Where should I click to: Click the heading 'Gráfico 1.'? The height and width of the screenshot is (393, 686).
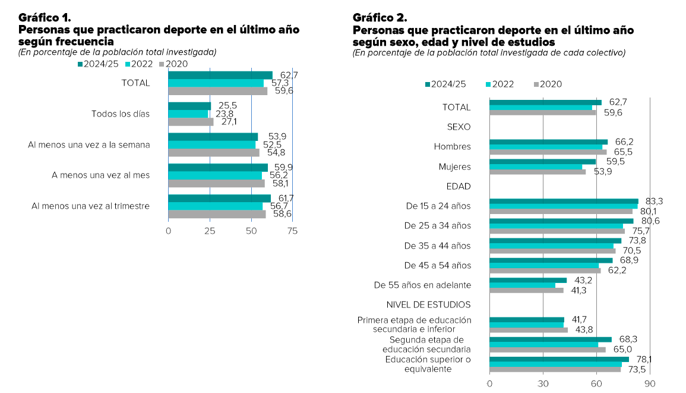[x=45, y=17]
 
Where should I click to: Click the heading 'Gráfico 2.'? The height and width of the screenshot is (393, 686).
[x=379, y=17]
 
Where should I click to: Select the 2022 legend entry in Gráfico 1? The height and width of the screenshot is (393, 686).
[x=141, y=63]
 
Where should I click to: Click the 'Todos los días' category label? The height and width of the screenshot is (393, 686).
[x=121, y=114]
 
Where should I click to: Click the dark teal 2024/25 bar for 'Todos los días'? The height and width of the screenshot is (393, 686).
[x=189, y=106]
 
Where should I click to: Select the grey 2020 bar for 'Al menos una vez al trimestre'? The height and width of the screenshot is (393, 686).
[x=217, y=214]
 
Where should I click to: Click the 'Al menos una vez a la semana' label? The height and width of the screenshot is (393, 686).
[x=88, y=144]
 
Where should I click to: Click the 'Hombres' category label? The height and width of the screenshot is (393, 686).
[x=453, y=147]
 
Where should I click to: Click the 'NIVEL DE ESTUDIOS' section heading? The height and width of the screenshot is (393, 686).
[x=428, y=305]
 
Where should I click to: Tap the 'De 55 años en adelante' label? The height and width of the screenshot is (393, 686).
[x=422, y=285]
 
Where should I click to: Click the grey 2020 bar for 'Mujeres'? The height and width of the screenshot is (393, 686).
[x=538, y=172]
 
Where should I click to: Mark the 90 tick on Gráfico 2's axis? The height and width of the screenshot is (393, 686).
[x=650, y=383]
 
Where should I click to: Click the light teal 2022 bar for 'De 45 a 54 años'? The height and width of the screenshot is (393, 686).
[x=544, y=266]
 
